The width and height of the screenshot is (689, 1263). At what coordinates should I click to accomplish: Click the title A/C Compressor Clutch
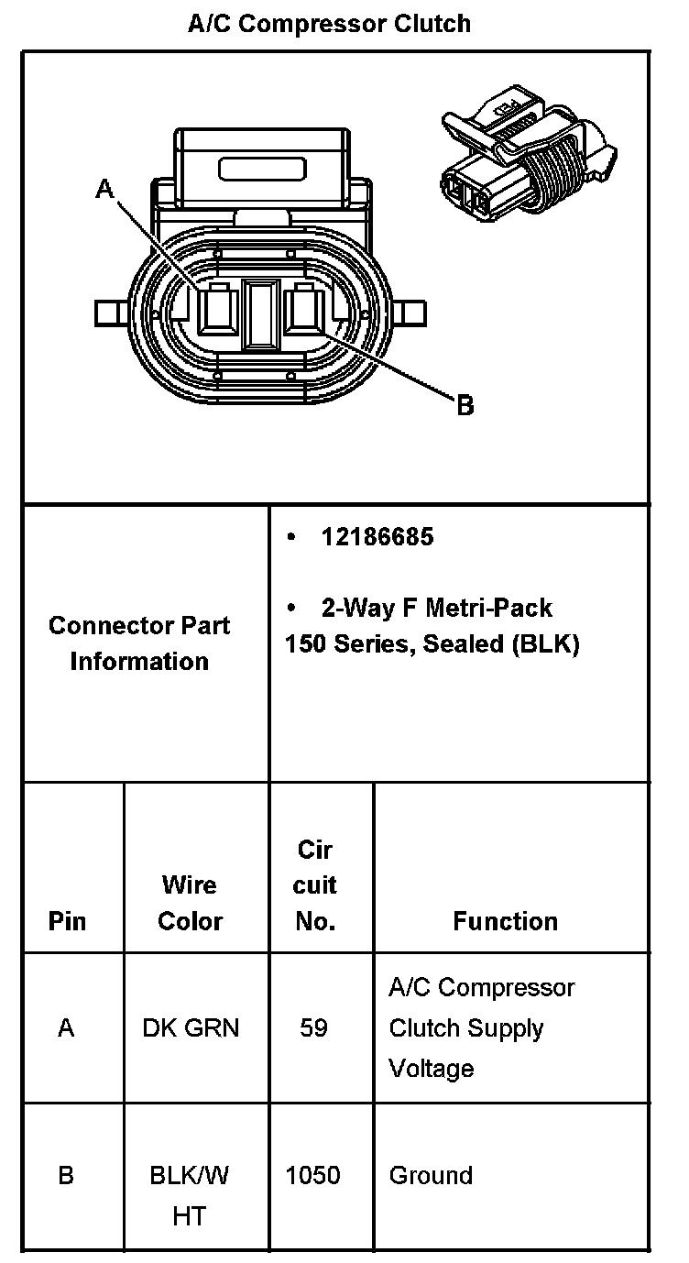tap(330, 23)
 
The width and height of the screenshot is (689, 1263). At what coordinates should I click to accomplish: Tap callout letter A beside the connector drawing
tap(105, 189)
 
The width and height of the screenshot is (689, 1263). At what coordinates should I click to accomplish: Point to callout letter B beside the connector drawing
tap(465, 404)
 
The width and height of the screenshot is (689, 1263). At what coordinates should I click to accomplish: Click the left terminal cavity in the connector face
tap(218, 312)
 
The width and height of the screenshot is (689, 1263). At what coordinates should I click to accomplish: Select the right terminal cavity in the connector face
tap(302, 312)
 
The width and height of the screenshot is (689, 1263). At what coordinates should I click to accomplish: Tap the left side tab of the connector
tap(109, 313)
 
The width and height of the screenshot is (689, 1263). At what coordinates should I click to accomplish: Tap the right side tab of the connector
tap(411, 313)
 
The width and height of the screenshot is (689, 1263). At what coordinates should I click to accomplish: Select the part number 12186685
tap(377, 537)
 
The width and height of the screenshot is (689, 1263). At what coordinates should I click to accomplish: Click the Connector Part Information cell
tap(140, 643)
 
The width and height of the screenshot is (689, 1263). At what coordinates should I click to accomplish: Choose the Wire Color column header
tap(190, 903)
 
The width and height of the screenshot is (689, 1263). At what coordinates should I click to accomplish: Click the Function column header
tap(505, 921)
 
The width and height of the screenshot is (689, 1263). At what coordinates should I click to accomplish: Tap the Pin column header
tap(67, 921)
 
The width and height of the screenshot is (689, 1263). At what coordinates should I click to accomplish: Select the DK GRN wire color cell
tap(191, 1028)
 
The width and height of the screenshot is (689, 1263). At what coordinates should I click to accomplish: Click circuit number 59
tap(313, 1028)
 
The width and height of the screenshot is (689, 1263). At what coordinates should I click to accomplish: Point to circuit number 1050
tap(313, 1175)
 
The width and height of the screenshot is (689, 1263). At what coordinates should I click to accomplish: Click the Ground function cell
tap(431, 1175)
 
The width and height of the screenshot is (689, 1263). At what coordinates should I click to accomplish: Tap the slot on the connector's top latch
tap(261, 170)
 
